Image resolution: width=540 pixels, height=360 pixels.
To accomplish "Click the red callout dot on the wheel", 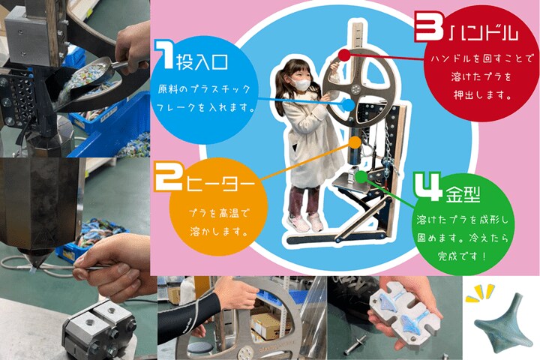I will click(x=344, y=54).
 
